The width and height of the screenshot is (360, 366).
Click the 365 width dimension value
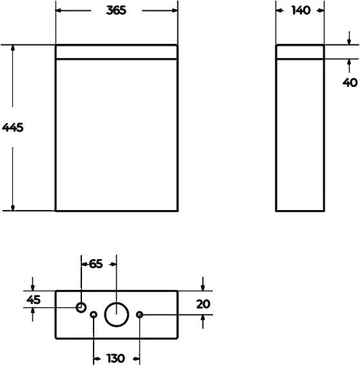click(117, 10)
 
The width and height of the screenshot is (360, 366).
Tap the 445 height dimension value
click(13, 128)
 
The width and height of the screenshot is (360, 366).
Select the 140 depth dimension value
click(301, 10)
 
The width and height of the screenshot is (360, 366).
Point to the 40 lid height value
click(350, 82)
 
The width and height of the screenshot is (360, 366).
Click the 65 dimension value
click(95, 263)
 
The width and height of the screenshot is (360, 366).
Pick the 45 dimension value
click(34, 299)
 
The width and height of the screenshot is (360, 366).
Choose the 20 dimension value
click(203, 303)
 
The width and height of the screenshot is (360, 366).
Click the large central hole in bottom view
click(116, 314)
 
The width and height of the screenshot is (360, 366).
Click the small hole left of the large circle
click(94, 314)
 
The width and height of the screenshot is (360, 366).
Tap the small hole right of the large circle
click(139, 314)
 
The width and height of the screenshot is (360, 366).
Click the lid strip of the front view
click(116, 52)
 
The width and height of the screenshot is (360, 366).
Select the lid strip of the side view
click(300, 52)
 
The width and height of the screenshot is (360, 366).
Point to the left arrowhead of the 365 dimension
click(59, 10)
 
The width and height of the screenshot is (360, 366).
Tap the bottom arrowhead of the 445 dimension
click(13, 206)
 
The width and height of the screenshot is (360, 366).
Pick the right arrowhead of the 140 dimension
click(321, 10)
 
